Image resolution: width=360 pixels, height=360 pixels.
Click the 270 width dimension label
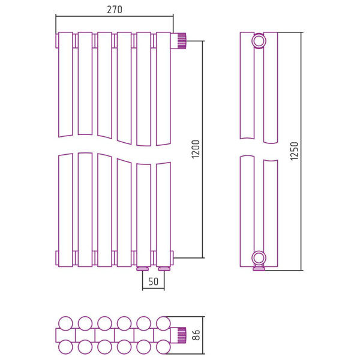pyautogui.click(x=115, y=10)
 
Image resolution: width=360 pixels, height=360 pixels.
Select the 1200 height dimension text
pyautogui.click(x=196, y=149)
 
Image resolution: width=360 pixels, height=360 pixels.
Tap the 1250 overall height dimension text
pyautogui.click(x=294, y=151)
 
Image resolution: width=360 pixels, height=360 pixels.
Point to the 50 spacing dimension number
pyautogui.click(x=153, y=281)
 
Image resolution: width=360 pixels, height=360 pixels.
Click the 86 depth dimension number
pyautogui.click(x=196, y=335)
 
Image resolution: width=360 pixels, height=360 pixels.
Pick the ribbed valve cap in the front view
pyautogui.click(x=182, y=41)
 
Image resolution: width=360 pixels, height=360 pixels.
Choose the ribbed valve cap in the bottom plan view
pyautogui.click(x=182, y=335)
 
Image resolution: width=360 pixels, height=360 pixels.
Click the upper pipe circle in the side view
pyautogui.click(x=259, y=41)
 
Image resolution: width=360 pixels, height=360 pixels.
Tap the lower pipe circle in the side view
pyautogui.click(x=259, y=258)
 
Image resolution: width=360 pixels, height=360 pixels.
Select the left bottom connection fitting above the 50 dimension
pyautogui.click(x=144, y=268)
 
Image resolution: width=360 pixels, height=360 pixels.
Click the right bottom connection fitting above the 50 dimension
pyautogui.click(x=163, y=268)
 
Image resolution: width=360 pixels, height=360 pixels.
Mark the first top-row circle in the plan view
pyautogui.click(x=65, y=323)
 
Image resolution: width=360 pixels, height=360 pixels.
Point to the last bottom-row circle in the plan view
pyautogui.click(x=163, y=347)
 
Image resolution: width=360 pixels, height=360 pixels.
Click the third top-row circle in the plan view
pyautogui.click(x=104, y=323)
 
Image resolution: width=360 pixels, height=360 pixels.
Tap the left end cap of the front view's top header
pyautogui.click(x=57, y=41)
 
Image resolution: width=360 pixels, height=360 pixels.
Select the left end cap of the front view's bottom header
pyautogui.click(x=57, y=258)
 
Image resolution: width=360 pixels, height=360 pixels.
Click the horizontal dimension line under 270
pyautogui.click(x=115, y=16)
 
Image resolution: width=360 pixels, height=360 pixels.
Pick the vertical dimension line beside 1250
pyautogui.click(x=302, y=152)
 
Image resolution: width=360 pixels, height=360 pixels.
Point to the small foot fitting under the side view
pyautogui.click(x=259, y=268)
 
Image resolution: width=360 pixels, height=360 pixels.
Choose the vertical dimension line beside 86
pyautogui.click(x=203, y=335)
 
